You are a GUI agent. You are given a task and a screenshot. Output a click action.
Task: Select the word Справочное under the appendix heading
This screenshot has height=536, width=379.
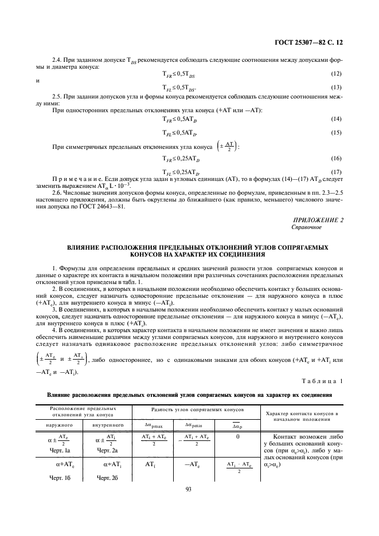pos(307,227)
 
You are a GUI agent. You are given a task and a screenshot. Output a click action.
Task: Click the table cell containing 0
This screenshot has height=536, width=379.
pos(237,436)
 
